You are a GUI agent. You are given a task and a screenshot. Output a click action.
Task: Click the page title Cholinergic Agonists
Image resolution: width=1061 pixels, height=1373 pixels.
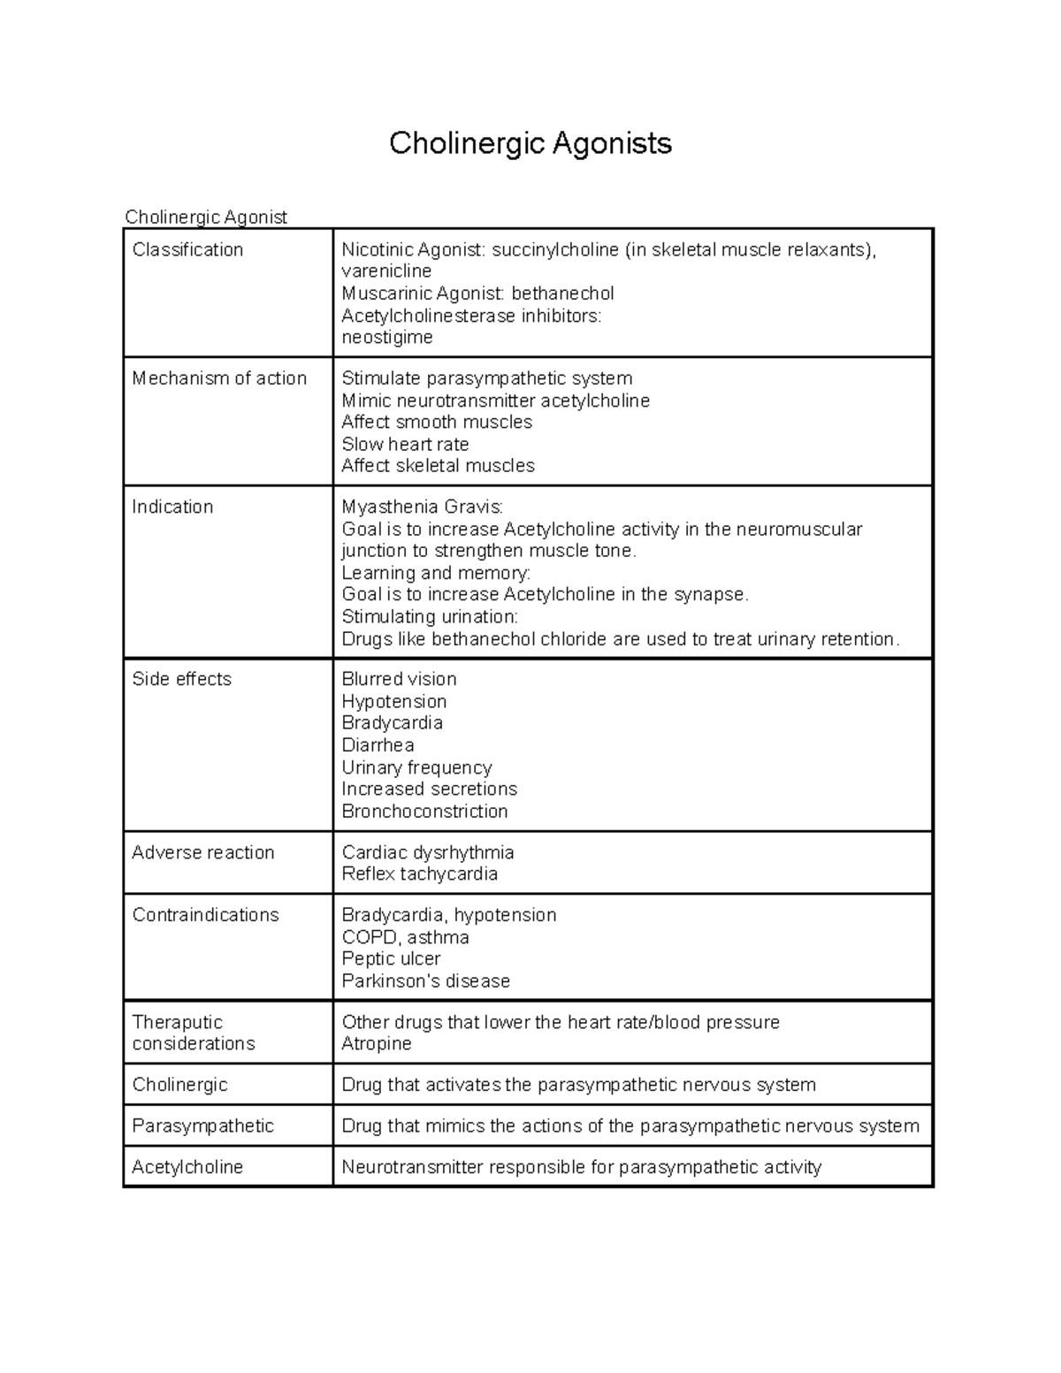[530, 143]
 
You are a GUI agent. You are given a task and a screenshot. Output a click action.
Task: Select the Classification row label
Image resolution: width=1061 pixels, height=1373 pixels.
[187, 250]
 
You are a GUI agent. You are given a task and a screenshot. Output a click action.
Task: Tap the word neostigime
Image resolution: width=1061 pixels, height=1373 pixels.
[387, 338]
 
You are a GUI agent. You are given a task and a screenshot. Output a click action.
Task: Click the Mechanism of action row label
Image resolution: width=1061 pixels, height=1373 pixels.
[219, 378]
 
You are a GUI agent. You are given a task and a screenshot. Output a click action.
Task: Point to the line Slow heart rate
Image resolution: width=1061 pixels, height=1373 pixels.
[405, 445]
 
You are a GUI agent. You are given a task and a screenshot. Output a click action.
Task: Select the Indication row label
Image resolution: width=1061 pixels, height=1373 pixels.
[172, 507]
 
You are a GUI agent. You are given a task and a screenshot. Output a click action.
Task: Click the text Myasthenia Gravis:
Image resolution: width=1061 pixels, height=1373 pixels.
[422, 507]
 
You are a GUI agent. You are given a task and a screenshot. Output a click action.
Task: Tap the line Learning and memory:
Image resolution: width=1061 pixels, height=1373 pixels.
[436, 573]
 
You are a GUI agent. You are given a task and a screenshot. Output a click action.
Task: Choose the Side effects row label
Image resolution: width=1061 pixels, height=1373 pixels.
[181, 680]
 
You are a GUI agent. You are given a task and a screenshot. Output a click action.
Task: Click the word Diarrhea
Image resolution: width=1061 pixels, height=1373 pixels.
[378, 745]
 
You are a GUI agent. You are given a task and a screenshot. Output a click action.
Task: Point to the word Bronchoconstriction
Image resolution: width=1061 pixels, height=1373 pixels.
[424, 812]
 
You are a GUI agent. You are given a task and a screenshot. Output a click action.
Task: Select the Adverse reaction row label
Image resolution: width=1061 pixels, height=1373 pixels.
[203, 853]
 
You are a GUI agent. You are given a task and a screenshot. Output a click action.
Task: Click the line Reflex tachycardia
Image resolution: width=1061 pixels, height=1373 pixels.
[419, 874]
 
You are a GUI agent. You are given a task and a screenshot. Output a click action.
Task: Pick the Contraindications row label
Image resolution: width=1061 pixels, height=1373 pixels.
[205, 915]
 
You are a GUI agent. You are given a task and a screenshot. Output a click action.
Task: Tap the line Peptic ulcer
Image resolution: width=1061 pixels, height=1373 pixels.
[391, 959]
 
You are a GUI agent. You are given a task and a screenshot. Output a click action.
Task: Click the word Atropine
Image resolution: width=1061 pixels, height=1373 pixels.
[377, 1044]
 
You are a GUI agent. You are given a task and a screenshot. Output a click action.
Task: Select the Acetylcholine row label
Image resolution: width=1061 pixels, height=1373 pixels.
[187, 1168]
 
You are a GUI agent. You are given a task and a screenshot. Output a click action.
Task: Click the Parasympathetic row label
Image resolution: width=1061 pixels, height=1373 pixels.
[202, 1126]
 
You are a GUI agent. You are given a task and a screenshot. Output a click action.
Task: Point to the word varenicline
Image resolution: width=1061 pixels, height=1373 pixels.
[386, 271]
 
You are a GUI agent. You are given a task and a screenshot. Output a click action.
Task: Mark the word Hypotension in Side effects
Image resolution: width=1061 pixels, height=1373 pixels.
[394, 702]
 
